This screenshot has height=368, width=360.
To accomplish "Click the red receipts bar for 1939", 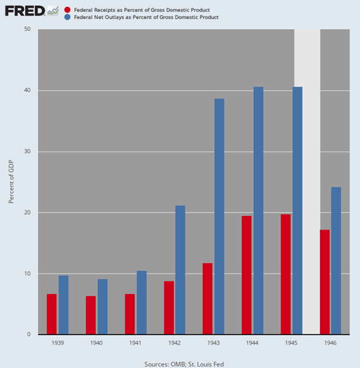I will [x=51, y=314].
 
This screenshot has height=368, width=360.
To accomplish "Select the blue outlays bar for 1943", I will [x=219, y=216].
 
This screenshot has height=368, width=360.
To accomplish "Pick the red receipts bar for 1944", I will [x=246, y=275].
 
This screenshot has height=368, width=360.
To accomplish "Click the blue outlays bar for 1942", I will [x=180, y=270].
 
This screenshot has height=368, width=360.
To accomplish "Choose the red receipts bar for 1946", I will [x=325, y=282].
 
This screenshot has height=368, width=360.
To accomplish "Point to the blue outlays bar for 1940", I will [x=103, y=306].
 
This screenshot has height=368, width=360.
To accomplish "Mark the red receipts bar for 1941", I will [x=129, y=314].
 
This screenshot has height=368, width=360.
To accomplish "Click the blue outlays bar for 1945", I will [x=297, y=211].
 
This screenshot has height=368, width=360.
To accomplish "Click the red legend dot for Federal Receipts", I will [x=68, y=10].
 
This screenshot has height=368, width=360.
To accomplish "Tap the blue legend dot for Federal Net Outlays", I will [x=68, y=18].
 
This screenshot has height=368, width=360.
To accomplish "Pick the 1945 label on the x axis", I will [x=291, y=344].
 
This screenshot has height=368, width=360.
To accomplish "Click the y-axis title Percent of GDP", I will [x=11, y=182].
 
